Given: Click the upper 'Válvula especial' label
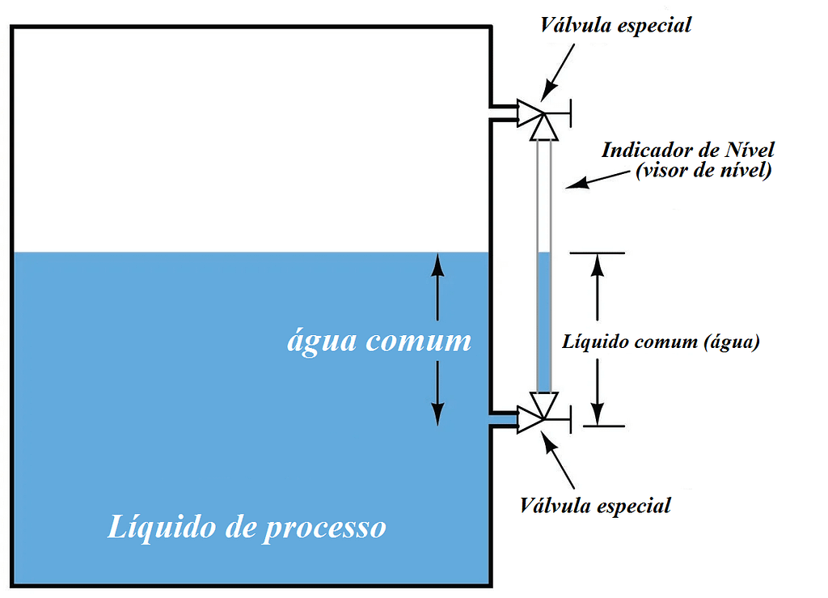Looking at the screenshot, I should [x=616, y=25].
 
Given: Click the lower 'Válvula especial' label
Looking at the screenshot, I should [x=596, y=507].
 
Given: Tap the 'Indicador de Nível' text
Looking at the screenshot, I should [x=688, y=150].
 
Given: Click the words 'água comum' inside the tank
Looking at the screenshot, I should [x=378, y=340].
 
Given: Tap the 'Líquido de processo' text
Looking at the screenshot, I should [x=247, y=528].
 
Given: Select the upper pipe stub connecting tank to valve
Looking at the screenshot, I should [x=505, y=113].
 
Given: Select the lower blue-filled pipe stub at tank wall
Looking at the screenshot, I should [x=503, y=419].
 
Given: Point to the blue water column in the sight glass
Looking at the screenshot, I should [x=543, y=324].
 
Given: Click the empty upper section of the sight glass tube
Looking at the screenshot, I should [x=543, y=194].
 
